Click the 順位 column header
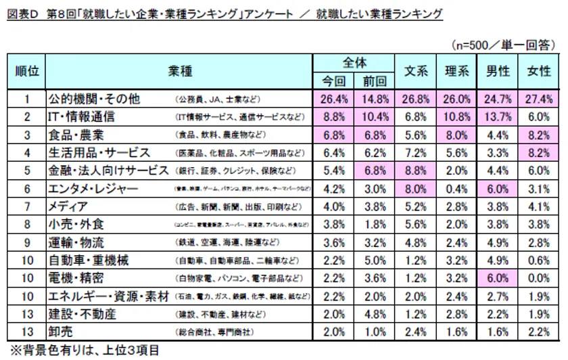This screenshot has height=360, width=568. point(27,71)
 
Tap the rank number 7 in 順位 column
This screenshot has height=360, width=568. point(27,206)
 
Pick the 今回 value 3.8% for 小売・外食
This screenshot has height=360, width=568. point(334,223)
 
